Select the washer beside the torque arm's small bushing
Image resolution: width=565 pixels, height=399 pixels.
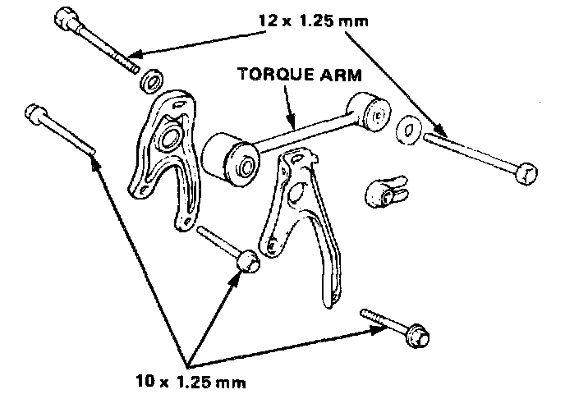(x=408, y=129)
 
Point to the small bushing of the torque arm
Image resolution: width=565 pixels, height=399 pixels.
(x=367, y=112)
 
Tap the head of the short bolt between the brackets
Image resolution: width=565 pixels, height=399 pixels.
(x=247, y=262)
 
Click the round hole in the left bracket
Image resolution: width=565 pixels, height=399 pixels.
(x=172, y=134)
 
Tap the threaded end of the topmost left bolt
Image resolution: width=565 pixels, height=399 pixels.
(x=131, y=66)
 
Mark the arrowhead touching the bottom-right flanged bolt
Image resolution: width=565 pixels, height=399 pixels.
(x=380, y=330)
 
